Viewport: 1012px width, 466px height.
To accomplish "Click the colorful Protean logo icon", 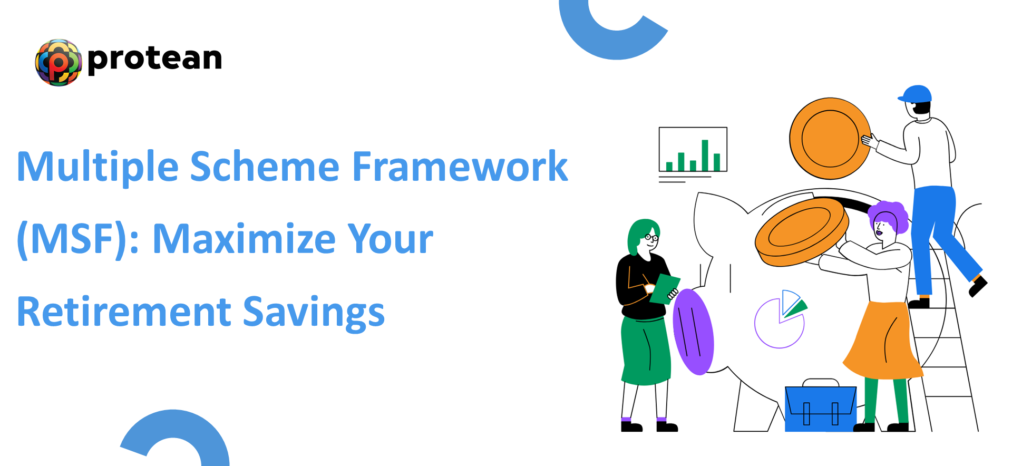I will point(59,62).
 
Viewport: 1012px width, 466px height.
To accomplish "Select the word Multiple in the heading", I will point(98,167).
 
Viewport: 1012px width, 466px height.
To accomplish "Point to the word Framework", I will point(460,167).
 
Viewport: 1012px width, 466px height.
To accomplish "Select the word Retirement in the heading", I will point(124,312).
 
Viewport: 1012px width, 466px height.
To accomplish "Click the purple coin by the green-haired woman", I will point(693,332).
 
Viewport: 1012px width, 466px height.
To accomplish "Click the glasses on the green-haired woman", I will point(652,238).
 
